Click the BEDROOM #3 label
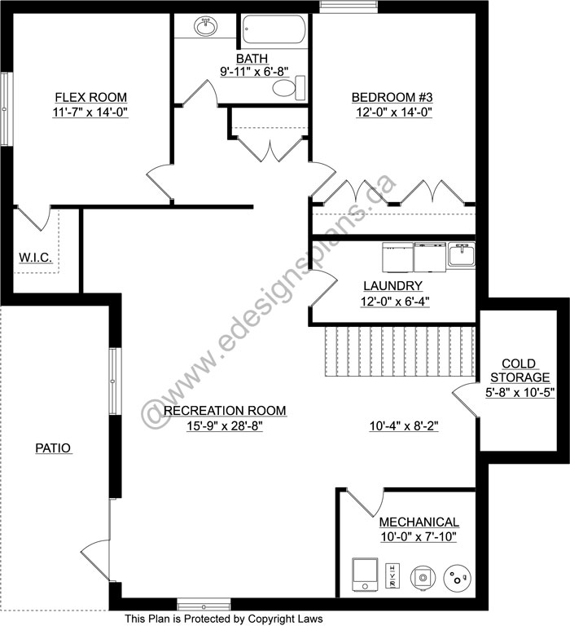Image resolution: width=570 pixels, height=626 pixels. click(391, 98)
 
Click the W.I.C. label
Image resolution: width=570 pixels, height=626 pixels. click(36, 258)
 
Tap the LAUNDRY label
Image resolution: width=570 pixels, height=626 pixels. click(392, 286)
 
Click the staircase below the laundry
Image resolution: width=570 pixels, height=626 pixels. click(399, 350)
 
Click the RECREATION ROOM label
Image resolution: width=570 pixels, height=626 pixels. click(225, 410)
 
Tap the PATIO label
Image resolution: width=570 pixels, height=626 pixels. click(54, 447)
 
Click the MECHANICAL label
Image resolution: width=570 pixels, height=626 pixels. click(419, 522)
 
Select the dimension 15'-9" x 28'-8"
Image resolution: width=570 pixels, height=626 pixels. click(225, 425)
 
